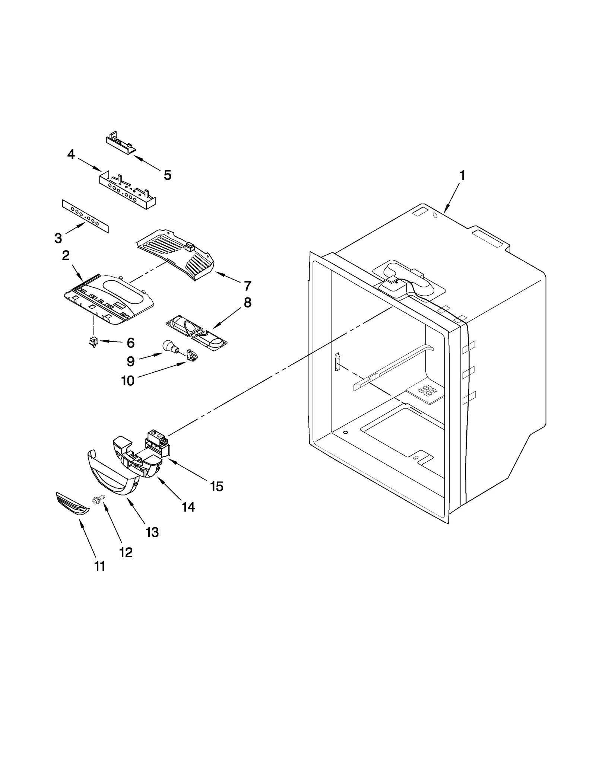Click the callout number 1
462,175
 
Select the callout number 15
217,486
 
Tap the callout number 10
127,381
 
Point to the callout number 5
168,175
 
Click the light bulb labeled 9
169,347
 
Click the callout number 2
66,255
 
